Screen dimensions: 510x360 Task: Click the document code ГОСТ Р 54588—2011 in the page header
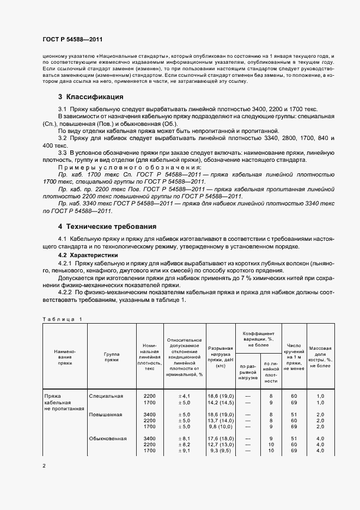[72, 40]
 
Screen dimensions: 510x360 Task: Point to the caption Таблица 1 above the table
[62, 319]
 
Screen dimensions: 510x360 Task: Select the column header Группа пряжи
[112, 357]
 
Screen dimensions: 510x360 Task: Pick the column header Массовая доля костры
[320, 356]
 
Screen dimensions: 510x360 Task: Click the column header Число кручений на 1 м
[294, 357]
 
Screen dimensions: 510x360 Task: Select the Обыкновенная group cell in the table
[108, 439]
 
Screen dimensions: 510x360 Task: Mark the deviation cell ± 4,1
[185, 396]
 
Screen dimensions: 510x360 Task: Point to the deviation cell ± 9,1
[185, 451]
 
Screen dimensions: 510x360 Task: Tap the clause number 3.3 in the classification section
[63, 153]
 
